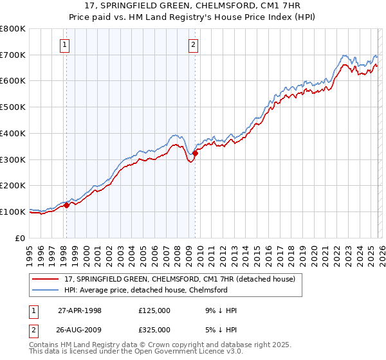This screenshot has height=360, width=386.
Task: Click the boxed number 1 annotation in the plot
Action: [66, 44]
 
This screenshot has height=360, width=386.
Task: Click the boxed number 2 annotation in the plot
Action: [194, 44]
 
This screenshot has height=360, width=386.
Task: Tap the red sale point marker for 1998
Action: [66, 205]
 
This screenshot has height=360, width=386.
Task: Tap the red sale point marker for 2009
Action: [195, 152]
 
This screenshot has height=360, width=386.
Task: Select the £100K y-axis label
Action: [13, 212]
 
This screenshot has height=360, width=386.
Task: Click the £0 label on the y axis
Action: [20, 238]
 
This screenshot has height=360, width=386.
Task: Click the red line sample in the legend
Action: [46, 279]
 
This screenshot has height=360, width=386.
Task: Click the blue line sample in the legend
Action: [46, 290]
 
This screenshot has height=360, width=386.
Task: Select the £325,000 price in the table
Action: [154, 329]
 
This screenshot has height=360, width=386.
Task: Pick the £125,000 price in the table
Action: [154, 310]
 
